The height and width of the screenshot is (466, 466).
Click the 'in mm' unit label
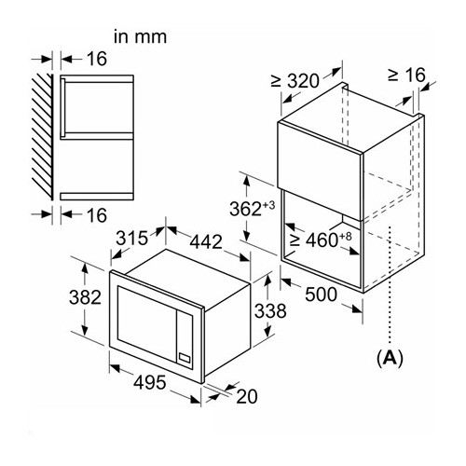[141, 36]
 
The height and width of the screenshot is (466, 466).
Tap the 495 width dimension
[150, 382]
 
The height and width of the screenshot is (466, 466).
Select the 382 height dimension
[85, 296]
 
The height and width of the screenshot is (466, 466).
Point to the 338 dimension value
[270, 310]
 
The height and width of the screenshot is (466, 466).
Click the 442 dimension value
[206, 241]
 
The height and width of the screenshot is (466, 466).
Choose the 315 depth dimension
[132, 239]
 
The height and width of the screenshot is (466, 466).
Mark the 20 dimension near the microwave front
[247, 396]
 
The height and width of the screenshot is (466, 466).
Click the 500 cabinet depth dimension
[321, 295]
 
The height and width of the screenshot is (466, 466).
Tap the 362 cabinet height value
[245, 209]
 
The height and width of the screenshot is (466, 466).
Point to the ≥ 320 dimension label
[295, 81]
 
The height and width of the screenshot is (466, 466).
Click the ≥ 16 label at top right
[406, 75]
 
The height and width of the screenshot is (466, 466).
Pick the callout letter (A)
[390, 358]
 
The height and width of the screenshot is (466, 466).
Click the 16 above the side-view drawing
[97, 59]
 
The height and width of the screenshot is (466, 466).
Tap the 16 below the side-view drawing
[97, 215]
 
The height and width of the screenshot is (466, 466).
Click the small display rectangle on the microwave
[184, 358]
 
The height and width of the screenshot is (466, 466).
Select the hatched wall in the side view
[42, 137]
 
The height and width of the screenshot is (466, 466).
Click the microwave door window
[146, 323]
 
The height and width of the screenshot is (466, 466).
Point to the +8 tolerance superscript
[345, 237]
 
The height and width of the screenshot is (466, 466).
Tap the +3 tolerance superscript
[268, 205]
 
